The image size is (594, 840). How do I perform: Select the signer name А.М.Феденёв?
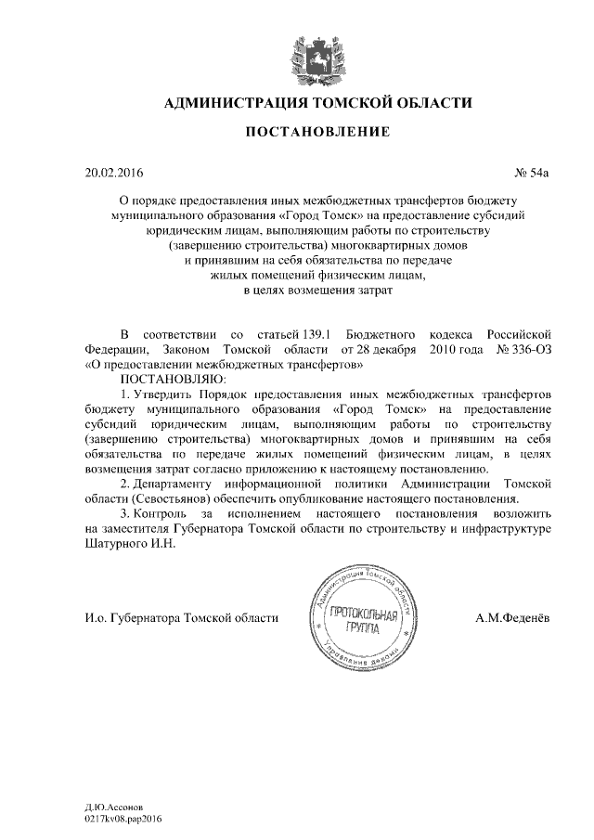[x=512, y=618]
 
